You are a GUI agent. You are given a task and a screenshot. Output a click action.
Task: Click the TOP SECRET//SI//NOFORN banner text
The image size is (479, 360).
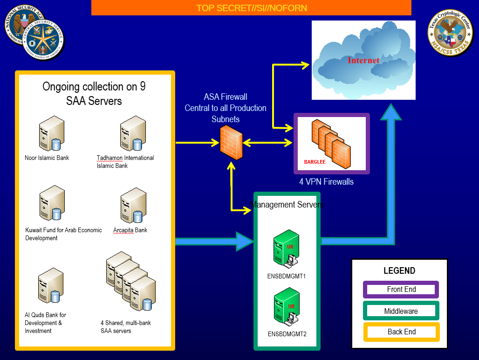(x=252, y=8)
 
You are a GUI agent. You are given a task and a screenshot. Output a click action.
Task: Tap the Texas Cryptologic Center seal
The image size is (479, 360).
(x=450, y=33)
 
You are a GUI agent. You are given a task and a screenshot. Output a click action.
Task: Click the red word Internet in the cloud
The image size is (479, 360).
(x=363, y=60)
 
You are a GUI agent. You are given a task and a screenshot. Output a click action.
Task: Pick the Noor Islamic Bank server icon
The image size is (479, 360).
(x=52, y=133)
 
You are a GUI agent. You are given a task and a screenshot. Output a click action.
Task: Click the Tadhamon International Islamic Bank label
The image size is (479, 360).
(x=125, y=162)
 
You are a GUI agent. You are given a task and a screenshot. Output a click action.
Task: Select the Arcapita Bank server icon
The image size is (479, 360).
(x=134, y=205)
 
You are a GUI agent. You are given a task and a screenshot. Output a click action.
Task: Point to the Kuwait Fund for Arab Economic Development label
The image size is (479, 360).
(x=63, y=234)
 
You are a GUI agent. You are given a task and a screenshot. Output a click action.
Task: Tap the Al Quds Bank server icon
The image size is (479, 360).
(x=51, y=285)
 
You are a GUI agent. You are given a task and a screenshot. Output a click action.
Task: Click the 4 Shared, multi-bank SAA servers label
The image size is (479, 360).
(x=126, y=327)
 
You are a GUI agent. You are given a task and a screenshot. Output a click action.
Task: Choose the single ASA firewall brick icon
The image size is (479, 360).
(x=231, y=142)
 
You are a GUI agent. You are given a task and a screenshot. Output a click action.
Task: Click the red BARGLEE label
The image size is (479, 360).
(x=315, y=162)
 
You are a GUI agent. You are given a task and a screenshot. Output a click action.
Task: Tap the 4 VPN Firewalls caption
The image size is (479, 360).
(x=326, y=182)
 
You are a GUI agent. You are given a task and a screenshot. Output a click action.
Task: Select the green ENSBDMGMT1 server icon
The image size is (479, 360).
(x=286, y=249)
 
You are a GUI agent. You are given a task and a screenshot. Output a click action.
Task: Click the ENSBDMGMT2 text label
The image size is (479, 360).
(x=287, y=334)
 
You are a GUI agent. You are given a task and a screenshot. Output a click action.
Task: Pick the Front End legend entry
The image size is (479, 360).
(x=401, y=290)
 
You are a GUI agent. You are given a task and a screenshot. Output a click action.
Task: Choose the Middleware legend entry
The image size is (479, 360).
(x=401, y=311)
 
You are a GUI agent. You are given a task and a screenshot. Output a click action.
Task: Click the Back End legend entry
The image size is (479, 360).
(x=401, y=332)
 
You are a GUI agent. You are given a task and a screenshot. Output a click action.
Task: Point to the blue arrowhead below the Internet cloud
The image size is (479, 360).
(x=391, y=112)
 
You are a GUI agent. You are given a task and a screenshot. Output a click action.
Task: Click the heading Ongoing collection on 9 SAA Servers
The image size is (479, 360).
(x=94, y=94)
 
